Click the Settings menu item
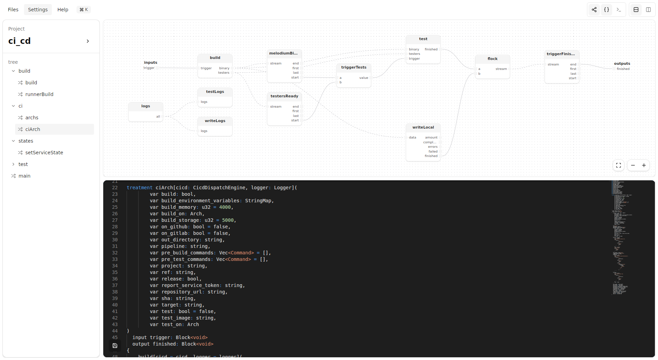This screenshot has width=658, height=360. (x=38, y=10)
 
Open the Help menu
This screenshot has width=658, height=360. (x=63, y=10)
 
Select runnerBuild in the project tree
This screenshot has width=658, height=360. (x=39, y=94)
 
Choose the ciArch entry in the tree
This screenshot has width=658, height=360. (x=33, y=129)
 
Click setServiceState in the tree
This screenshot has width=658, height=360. (x=44, y=153)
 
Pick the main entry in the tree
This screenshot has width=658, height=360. (x=24, y=176)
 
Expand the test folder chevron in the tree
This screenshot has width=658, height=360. (x=13, y=164)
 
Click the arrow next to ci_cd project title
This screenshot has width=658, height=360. (x=88, y=41)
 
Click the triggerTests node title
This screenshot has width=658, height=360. (x=354, y=67)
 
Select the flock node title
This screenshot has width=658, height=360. (x=492, y=59)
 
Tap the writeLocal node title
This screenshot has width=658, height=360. (x=423, y=127)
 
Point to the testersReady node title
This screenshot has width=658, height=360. (x=284, y=96)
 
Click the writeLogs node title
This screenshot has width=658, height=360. (x=215, y=121)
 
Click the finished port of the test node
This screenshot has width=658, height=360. (x=431, y=49)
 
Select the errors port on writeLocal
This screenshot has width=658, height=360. (x=433, y=147)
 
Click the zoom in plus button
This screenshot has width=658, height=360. (x=644, y=165)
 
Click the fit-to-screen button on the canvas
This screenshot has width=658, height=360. (x=619, y=165)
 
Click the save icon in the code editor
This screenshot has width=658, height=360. (x=115, y=346)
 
